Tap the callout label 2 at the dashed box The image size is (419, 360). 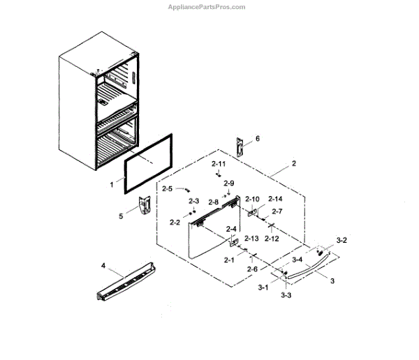[x=294, y=164]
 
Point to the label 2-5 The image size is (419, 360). [x=168, y=188]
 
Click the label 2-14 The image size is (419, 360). [x=275, y=199]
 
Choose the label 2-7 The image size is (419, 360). [x=277, y=211]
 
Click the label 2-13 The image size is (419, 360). [x=251, y=238]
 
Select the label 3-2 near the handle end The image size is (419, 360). [x=341, y=239]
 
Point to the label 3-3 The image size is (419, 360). [x=286, y=296]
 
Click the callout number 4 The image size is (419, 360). [x=103, y=265]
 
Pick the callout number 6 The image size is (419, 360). [x=256, y=139]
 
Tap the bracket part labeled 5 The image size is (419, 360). [x=145, y=205]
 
